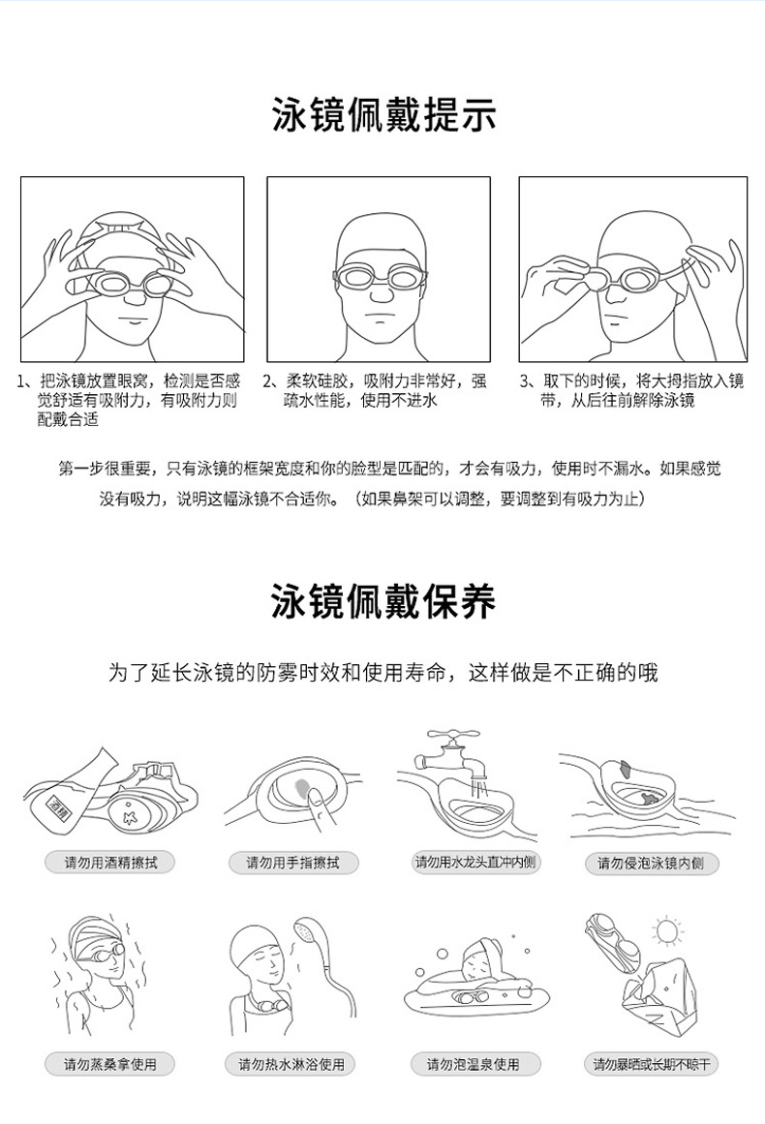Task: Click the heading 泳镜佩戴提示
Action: (383, 115)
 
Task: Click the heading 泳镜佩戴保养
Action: (383, 602)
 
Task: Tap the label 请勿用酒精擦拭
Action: (110, 862)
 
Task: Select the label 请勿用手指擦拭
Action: (292, 862)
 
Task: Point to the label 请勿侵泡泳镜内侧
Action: (652, 863)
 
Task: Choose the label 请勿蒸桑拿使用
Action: (110, 1064)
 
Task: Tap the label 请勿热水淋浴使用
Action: (292, 1064)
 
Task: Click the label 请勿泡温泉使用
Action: (474, 1064)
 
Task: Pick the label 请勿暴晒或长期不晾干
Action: (652, 1064)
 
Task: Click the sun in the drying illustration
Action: (667, 931)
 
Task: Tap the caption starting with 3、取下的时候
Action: (631, 390)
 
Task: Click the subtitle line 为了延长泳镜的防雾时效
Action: (383, 672)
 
